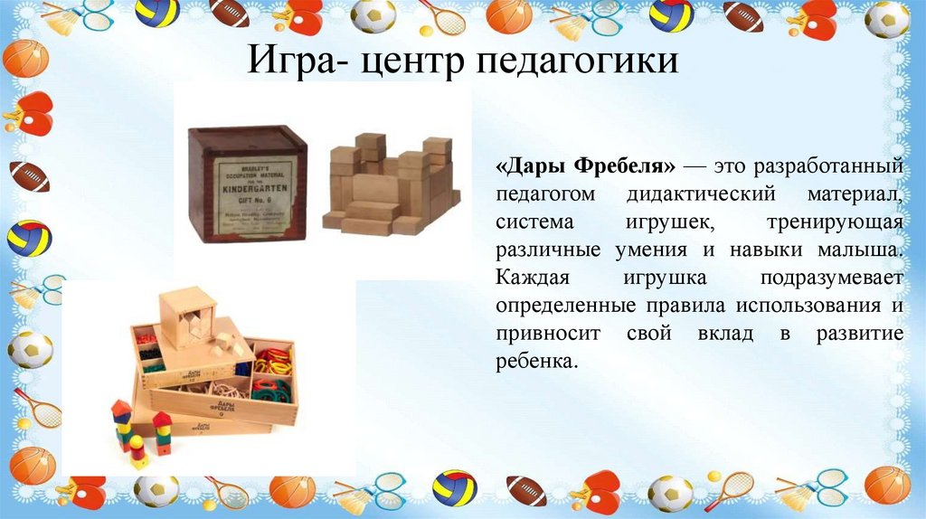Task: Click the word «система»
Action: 537,222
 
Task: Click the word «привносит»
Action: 544,334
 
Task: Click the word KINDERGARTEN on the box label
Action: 249,188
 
